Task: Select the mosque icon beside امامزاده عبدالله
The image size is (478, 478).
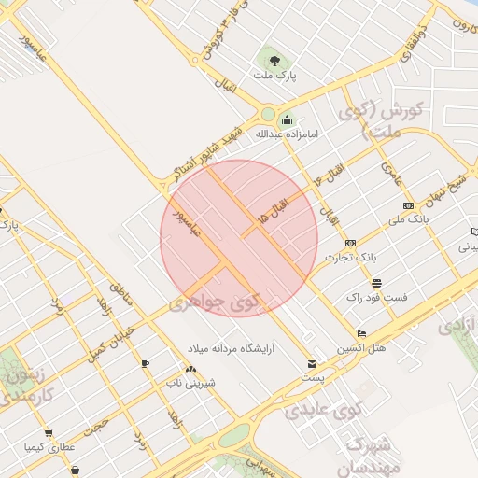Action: (x=287, y=120)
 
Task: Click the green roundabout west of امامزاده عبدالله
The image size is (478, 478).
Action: (x=268, y=114)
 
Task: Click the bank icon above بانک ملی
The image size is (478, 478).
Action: (x=408, y=204)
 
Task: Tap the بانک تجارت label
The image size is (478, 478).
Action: (x=350, y=256)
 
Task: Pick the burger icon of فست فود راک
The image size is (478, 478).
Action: (x=376, y=283)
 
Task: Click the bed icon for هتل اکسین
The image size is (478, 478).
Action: (x=361, y=333)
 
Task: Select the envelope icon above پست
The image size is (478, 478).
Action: (x=311, y=363)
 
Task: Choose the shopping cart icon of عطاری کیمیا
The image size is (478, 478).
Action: (x=49, y=433)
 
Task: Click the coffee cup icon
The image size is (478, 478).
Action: (x=145, y=363)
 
